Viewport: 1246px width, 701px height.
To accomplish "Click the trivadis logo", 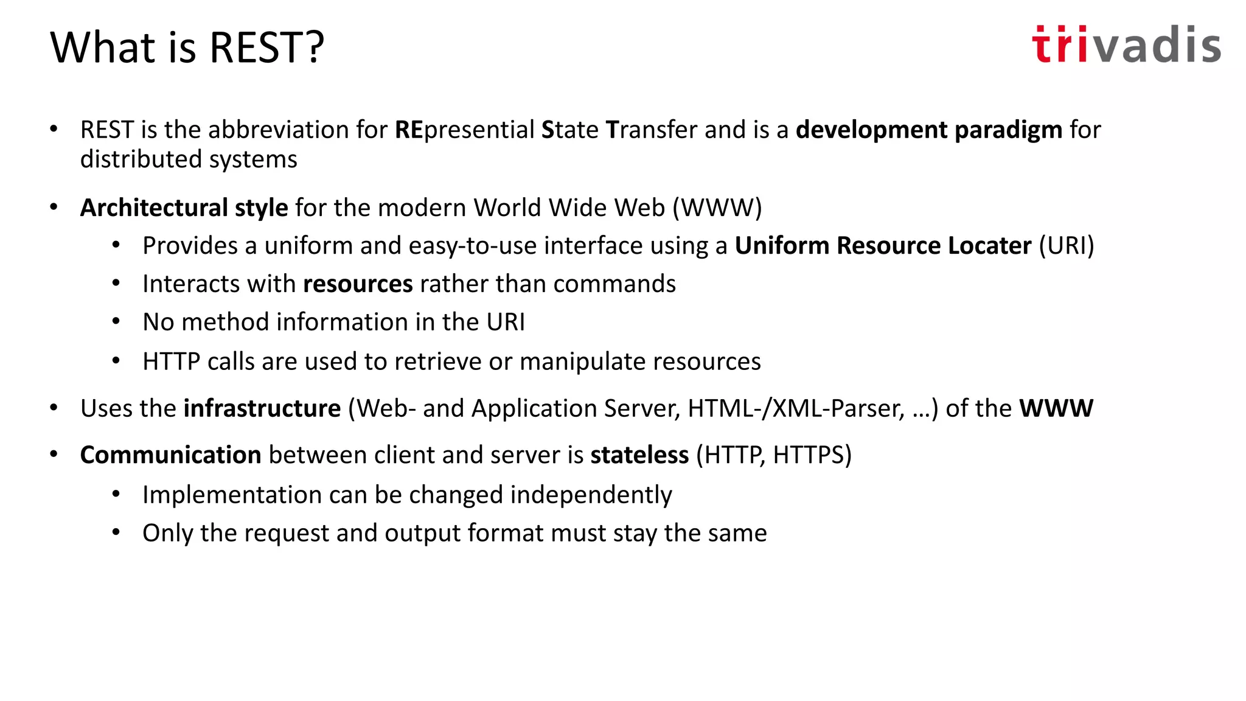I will [x=1126, y=45].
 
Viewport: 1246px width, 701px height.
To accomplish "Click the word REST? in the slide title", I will [x=267, y=47].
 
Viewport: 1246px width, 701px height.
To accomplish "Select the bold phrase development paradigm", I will [x=928, y=130].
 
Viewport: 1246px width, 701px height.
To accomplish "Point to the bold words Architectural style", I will [x=184, y=208].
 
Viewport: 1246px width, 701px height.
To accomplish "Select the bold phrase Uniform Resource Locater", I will [x=883, y=246].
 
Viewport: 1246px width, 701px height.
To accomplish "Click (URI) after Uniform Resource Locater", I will [x=1066, y=246].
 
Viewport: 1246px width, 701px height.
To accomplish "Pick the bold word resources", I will [x=358, y=284].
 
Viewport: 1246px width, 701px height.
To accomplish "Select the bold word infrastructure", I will [x=262, y=408].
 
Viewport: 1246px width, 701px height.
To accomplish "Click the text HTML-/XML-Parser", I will [x=796, y=408].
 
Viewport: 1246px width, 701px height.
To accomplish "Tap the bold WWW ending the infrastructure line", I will [x=1056, y=408].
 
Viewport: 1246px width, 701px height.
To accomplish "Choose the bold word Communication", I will [x=170, y=455].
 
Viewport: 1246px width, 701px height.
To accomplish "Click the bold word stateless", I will [x=639, y=455].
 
